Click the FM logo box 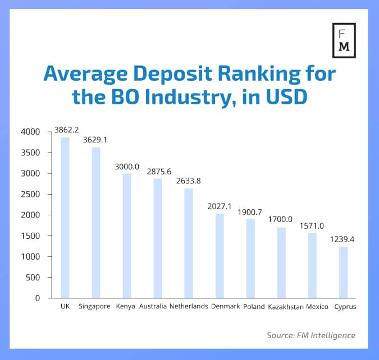point(344,41)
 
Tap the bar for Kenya point(126,236)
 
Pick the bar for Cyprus point(343,272)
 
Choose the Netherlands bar point(188,243)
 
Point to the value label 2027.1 point(220,206)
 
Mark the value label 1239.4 point(343,239)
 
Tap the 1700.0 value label point(281,220)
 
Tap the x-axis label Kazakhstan point(286,307)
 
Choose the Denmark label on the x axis point(225,307)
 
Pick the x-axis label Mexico point(317,307)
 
